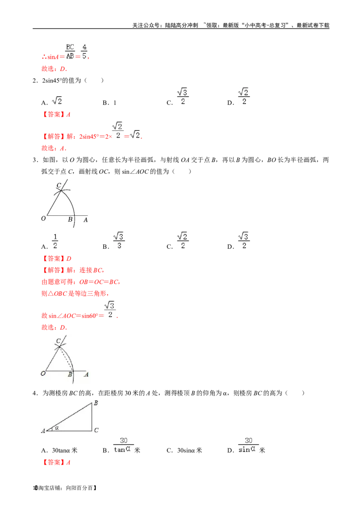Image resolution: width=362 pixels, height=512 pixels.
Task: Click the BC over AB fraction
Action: pyautogui.click(x=69, y=51)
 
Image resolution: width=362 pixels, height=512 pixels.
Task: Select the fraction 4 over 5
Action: pyautogui.click(x=85, y=51)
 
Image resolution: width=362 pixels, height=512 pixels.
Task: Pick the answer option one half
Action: pyautogui.click(x=55, y=241)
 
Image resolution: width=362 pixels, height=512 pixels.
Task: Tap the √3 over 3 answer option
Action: pyautogui.click(x=119, y=241)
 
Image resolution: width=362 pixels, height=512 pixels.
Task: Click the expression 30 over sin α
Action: pyautogui.click(x=248, y=445)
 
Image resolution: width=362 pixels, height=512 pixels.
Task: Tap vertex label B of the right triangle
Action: pyautogui.click(x=95, y=403)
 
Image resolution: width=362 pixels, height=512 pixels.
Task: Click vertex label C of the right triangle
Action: pyautogui.click(x=97, y=431)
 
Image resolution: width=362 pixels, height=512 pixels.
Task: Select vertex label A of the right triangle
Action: pyautogui.click(x=43, y=431)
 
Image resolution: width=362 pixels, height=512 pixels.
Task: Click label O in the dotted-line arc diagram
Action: pyautogui.click(x=43, y=374)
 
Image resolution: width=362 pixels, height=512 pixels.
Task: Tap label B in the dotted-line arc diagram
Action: pyautogui.click(x=70, y=375)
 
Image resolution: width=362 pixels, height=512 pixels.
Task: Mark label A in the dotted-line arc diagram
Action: pyautogui.click(x=86, y=375)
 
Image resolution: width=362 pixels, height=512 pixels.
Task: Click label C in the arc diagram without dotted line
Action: pyautogui.click(x=59, y=185)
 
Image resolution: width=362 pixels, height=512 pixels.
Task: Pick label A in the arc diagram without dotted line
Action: pyautogui.click(x=86, y=219)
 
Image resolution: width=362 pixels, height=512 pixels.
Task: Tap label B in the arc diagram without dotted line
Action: pyautogui.click(x=70, y=219)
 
